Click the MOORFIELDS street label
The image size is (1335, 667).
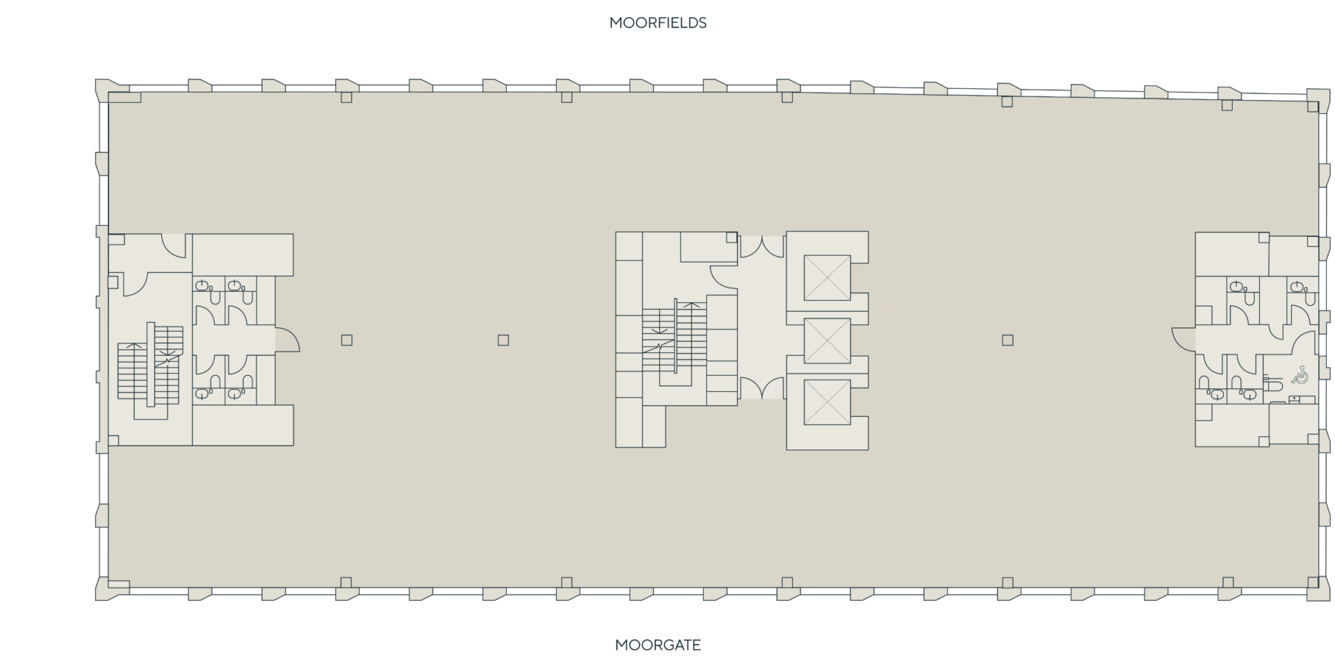tap(658, 23)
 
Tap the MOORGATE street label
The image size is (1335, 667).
tap(658, 645)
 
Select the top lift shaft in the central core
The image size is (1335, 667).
tap(827, 278)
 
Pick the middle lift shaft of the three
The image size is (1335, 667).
tap(827, 340)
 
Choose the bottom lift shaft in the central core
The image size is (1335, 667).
tap(827, 402)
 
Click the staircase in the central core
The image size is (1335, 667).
tap(674, 340)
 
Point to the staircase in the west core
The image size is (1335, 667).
tap(150, 365)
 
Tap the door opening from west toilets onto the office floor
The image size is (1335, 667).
tap(287, 340)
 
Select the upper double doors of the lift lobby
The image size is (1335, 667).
tap(762, 247)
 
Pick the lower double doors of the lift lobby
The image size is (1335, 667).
tap(762, 388)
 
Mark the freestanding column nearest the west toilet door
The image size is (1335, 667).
tap(346, 340)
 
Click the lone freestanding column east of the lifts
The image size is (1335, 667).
tap(1008, 340)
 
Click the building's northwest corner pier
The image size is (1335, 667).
tap(111, 91)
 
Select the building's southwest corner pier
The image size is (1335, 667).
tap(111, 588)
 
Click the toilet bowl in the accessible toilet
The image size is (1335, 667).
tap(1272, 384)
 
